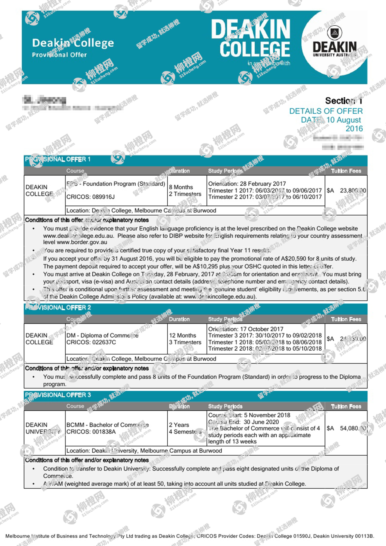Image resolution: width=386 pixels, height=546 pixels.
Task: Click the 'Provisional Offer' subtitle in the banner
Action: (x=59, y=55)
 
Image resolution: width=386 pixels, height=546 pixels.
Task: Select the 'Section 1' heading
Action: (x=344, y=101)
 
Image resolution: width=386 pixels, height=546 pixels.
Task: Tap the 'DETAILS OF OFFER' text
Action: (x=326, y=111)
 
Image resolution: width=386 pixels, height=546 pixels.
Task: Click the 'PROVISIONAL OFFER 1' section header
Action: (x=58, y=159)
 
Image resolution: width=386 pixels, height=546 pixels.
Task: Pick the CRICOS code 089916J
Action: (x=90, y=197)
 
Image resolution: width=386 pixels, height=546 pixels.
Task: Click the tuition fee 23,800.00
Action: (x=353, y=191)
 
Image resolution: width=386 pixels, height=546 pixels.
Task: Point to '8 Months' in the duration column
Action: (x=181, y=187)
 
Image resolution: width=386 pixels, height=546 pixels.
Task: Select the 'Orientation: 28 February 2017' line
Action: (x=247, y=184)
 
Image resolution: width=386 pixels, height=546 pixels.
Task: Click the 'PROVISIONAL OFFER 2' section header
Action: (x=58, y=307)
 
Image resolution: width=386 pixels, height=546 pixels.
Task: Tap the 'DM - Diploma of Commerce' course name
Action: (x=102, y=335)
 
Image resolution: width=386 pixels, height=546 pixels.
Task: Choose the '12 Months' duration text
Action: (x=183, y=335)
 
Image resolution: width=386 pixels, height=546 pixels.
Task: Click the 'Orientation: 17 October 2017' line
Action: (x=246, y=329)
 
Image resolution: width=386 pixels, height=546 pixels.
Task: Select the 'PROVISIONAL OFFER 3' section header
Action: (x=58, y=395)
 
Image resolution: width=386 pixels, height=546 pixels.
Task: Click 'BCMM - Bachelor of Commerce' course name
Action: (x=108, y=425)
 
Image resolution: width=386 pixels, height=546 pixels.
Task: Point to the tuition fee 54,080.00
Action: (x=353, y=428)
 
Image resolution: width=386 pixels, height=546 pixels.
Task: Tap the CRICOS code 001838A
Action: (x=91, y=432)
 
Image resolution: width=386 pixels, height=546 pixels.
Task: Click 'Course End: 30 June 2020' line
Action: (x=243, y=422)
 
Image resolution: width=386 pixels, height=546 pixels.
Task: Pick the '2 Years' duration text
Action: (x=179, y=425)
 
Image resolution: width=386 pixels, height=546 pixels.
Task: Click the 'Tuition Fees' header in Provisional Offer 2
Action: (x=346, y=319)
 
